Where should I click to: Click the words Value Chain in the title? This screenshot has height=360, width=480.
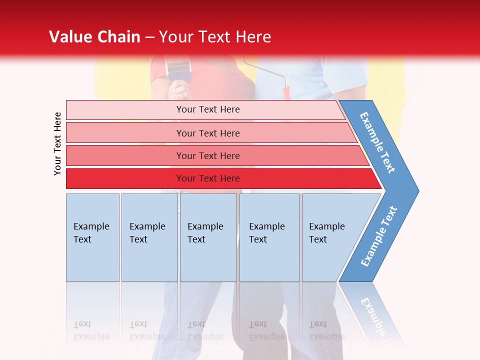pyautogui.click(x=94, y=37)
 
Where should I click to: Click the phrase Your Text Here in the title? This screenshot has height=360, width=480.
pyautogui.click(x=215, y=37)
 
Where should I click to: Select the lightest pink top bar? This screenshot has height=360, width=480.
pyautogui.click(x=125, y=109)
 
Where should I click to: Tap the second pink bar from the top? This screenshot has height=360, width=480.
pyautogui.click(x=125, y=133)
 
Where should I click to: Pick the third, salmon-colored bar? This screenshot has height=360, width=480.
pyautogui.click(x=125, y=155)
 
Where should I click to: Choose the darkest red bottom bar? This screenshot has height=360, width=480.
pyautogui.click(x=125, y=178)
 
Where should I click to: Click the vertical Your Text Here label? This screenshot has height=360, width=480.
pyautogui.click(x=57, y=143)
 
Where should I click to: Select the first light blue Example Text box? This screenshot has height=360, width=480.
pyautogui.click(x=92, y=237)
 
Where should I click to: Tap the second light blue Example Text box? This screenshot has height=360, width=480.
pyautogui.click(x=149, y=237)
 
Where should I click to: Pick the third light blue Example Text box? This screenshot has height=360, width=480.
pyautogui.click(x=208, y=237)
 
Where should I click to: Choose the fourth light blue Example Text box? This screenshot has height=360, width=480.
pyautogui.click(x=269, y=237)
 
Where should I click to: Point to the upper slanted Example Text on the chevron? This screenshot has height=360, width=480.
pyautogui.click(x=377, y=142)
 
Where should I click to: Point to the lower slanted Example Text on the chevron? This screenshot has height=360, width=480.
pyautogui.click(x=379, y=236)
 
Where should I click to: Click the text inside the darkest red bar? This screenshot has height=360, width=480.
pyautogui.click(x=208, y=178)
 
